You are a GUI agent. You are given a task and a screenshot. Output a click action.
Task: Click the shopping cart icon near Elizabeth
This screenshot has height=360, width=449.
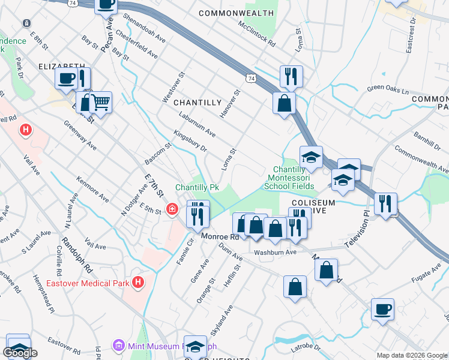(100, 102)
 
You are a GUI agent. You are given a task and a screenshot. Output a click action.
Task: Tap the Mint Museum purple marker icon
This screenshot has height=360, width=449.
(118, 346)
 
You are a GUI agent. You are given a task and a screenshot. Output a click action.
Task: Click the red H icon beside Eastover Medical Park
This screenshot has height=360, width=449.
(139, 281)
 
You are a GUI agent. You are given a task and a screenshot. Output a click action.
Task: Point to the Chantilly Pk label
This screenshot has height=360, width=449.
(197, 188)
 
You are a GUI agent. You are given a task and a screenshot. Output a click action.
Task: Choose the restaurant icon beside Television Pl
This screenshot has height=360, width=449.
(385, 203)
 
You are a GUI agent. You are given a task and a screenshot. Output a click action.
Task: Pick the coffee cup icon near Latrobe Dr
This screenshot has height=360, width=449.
(382, 310)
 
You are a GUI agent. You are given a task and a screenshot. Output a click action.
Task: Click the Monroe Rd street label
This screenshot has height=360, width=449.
(220, 237)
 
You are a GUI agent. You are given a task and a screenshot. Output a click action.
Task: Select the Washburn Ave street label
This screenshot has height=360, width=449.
(275, 253)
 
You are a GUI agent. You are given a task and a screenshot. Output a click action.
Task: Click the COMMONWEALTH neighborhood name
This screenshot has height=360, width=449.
(232, 13)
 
